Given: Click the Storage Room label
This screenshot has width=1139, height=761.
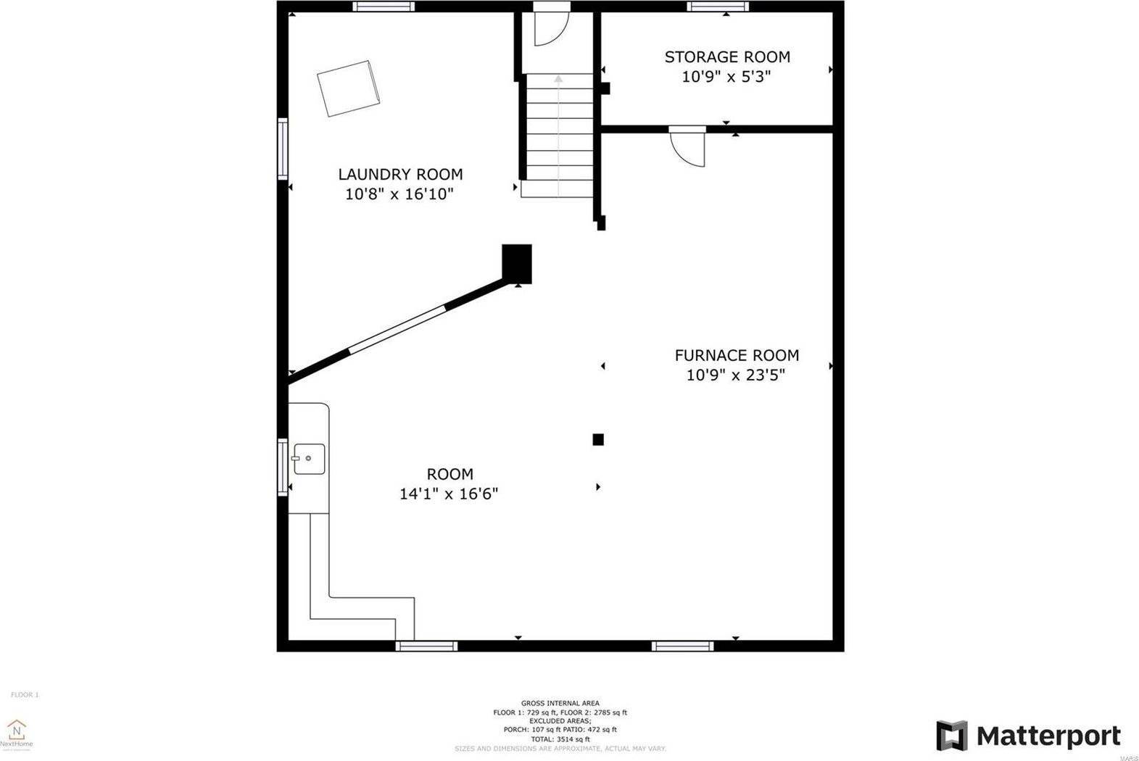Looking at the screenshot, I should pos(726,57).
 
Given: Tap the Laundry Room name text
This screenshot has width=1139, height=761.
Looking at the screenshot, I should pos(400,174).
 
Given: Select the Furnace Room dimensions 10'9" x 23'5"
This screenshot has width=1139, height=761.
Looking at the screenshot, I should pos(736,375).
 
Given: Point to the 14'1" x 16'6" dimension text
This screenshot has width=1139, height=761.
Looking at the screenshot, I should pos(449,494).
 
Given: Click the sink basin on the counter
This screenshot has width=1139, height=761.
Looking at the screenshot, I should pos(309,459).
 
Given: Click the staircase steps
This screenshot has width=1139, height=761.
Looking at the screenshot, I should pos(558,134).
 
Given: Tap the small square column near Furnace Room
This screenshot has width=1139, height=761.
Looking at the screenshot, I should pos(598,439).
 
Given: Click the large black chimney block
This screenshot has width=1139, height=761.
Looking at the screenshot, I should pos(517,263).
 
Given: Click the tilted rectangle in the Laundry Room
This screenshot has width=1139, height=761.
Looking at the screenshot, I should pos(349,88).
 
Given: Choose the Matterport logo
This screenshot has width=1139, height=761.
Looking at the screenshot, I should pos(1028,736).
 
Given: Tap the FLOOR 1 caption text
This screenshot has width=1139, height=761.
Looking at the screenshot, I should pos(25,695).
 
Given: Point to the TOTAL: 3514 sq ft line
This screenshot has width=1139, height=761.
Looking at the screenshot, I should pos(560,739).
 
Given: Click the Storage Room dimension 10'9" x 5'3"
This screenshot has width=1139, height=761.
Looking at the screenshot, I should pos(726,77).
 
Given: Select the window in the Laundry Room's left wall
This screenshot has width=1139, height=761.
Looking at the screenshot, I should pos(283,149).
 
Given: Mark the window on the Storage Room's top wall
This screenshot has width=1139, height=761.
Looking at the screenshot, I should pos(718,7).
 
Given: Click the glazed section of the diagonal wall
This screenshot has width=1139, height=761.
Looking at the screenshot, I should pos(397,330).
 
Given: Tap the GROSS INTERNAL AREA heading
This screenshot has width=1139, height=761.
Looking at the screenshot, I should pos(560,703).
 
